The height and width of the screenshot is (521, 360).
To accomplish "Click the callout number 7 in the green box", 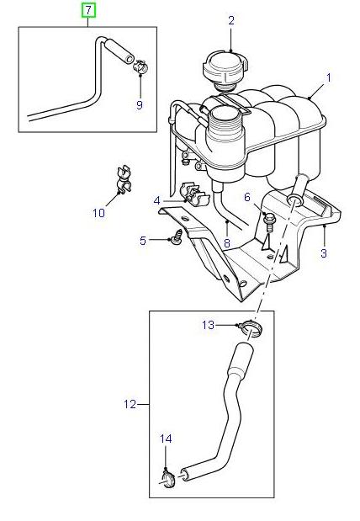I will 88,11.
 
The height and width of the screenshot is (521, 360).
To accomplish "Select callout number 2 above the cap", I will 231,20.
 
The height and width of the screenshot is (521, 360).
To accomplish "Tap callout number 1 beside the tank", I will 329,77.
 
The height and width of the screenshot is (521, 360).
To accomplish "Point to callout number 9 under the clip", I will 140,105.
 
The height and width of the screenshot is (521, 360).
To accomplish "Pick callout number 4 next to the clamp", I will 156,200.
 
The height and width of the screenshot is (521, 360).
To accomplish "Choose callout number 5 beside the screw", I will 144,241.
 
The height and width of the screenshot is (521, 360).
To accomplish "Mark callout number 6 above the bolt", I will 247,197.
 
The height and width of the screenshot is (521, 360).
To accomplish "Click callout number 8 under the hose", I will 226,243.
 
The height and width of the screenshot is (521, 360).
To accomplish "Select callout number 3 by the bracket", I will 322,253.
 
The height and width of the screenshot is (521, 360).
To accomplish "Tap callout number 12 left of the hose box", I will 130,404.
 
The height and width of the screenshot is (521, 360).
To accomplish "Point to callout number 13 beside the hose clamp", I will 208,324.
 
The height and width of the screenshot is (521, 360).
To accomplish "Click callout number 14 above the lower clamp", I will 166,439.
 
